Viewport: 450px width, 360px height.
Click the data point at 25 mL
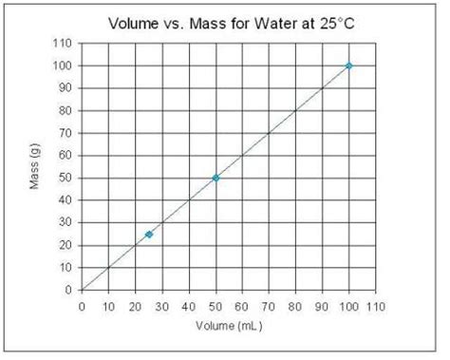pos(149,234)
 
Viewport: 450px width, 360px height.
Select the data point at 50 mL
pos(216,178)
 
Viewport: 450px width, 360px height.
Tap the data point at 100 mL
pos(348,66)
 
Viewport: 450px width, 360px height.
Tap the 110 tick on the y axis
pos(64,44)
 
